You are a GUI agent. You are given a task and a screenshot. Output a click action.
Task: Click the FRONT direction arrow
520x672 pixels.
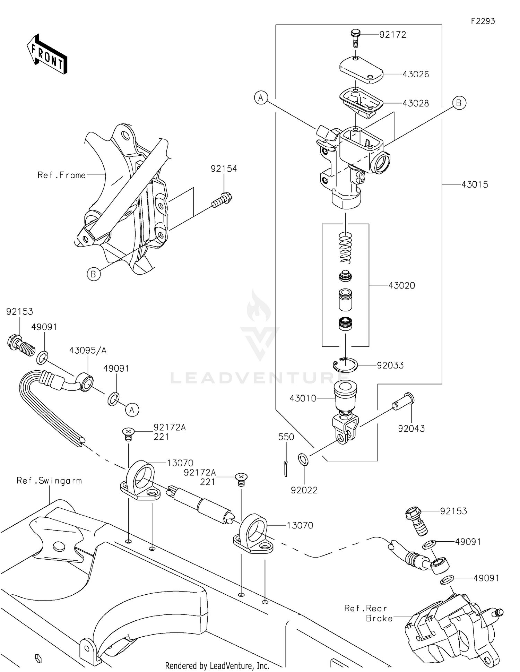[x=47, y=54]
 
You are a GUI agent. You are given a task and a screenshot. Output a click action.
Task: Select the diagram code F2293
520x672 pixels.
[x=483, y=21]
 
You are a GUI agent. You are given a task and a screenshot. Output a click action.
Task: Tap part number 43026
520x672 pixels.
[x=416, y=74]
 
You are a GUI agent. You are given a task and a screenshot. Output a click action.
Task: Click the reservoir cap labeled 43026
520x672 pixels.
[x=361, y=69]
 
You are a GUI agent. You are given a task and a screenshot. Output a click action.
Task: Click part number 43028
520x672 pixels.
[x=416, y=103]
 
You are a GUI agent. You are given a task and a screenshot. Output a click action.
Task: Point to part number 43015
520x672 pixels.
[x=474, y=185]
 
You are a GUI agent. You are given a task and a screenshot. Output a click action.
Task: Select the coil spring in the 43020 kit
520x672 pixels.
[x=345, y=248]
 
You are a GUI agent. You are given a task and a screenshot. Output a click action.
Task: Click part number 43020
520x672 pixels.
[x=401, y=286]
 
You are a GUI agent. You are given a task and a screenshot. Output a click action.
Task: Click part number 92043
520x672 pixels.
[x=411, y=429]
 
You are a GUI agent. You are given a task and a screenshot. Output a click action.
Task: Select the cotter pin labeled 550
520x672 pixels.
[x=285, y=468]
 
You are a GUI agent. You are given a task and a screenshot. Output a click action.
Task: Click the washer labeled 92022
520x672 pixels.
[x=303, y=460]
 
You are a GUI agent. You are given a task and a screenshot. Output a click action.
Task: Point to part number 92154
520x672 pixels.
[x=224, y=169]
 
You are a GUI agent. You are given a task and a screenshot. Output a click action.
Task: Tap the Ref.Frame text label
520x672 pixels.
[x=61, y=175]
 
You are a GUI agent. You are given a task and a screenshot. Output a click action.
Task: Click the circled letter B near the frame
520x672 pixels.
[x=94, y=274]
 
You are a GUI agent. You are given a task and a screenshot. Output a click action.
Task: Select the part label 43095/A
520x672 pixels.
[x=88, y=351]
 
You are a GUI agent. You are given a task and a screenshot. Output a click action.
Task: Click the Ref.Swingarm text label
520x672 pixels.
[x=49, y=481]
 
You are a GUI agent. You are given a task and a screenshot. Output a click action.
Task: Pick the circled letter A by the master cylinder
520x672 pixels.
[x=261, y=98]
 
